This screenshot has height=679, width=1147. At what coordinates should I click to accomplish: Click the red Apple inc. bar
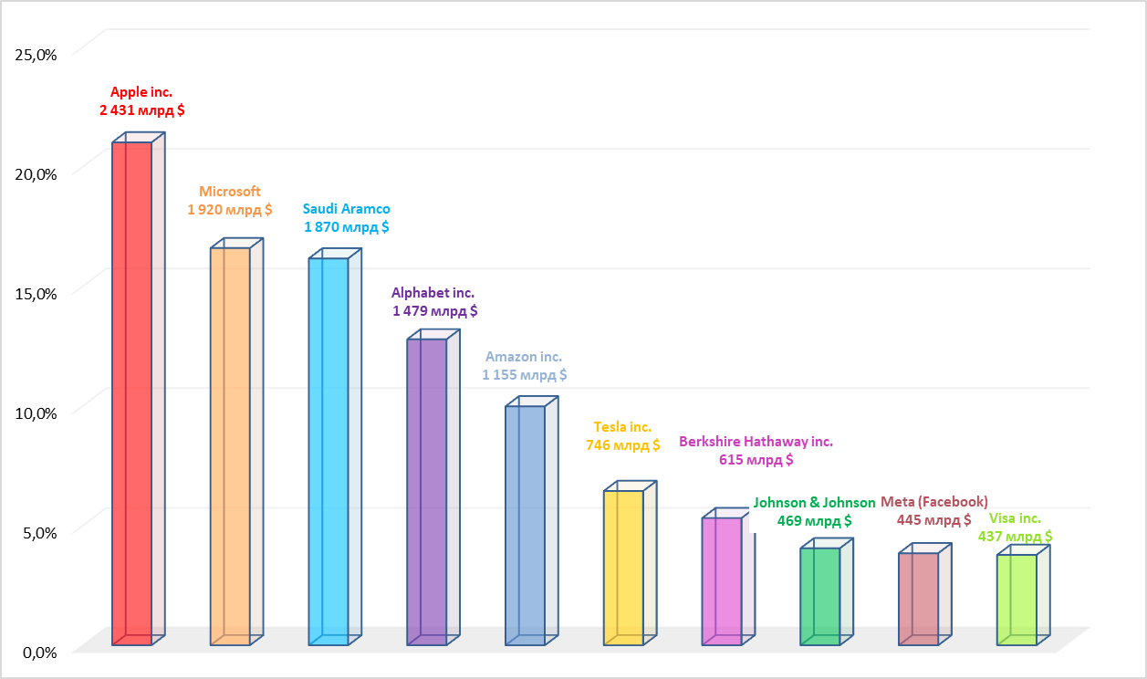132,392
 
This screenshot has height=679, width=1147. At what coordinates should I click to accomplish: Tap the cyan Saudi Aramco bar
328,451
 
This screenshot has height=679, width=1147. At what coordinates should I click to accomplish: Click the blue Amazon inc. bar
525,525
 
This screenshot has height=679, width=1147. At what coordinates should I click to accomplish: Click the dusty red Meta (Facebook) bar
918,599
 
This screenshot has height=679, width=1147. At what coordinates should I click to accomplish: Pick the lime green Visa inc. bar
1017,600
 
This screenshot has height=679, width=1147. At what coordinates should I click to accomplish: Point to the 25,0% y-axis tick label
36,55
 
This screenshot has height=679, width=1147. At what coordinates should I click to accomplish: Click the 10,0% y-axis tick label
36,413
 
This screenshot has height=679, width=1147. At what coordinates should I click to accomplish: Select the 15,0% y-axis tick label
36,294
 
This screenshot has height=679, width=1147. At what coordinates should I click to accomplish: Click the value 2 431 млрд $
141,110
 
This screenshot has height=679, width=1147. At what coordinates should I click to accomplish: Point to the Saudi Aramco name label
347,209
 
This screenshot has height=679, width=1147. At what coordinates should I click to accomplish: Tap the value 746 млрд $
622,445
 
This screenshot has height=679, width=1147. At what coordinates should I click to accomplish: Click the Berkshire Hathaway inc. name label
756,442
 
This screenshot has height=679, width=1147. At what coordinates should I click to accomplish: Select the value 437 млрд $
1015,537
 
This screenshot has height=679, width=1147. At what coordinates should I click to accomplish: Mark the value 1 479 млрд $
434,311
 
